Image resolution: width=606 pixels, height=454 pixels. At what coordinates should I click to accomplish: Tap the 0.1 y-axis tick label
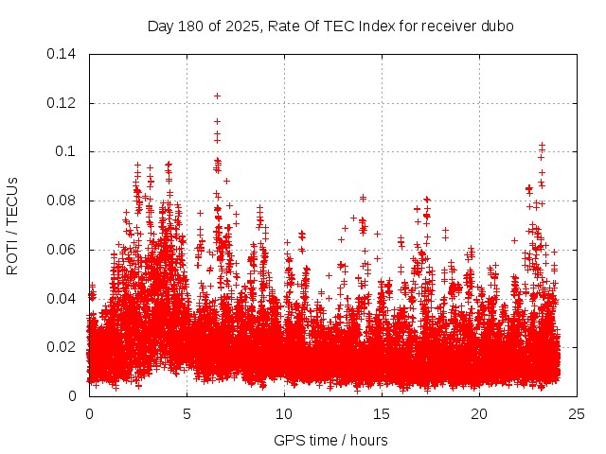tap(69, 151)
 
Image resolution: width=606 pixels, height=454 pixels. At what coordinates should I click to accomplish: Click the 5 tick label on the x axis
tap(187, 414)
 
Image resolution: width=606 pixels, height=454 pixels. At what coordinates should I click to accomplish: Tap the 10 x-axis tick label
tap(284, 414)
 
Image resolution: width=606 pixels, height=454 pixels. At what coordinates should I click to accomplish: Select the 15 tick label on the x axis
tap(382, 414)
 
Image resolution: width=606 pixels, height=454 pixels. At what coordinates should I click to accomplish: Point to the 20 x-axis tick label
tap(479, 414)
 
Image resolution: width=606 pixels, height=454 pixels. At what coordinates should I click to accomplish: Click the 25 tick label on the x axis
tap(577, 414)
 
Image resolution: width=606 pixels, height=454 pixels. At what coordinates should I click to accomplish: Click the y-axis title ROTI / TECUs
tap(13, 225)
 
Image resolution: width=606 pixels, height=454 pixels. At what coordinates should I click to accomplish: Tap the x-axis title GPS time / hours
tap(330, 440)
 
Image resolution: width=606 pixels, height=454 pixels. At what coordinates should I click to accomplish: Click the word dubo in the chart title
tap(497, 26)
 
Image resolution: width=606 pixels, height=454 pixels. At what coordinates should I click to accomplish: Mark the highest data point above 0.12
tap(217, 96)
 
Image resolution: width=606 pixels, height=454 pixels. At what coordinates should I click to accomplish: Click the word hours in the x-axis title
tap(367, 440)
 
